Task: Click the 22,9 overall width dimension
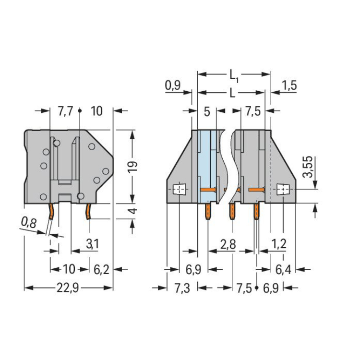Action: pos(68,288)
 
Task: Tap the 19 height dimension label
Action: pos(132,167)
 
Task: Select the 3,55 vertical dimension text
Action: pos(308,167)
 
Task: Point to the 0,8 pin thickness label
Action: pos(29,222)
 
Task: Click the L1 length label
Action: pos(234,76)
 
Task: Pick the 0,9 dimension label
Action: pos(173,85)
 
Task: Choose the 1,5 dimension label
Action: pos(289,85)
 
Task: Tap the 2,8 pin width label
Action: pos(228,244)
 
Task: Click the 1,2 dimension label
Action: pos(279,244)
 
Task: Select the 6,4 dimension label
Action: pos(283,269)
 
